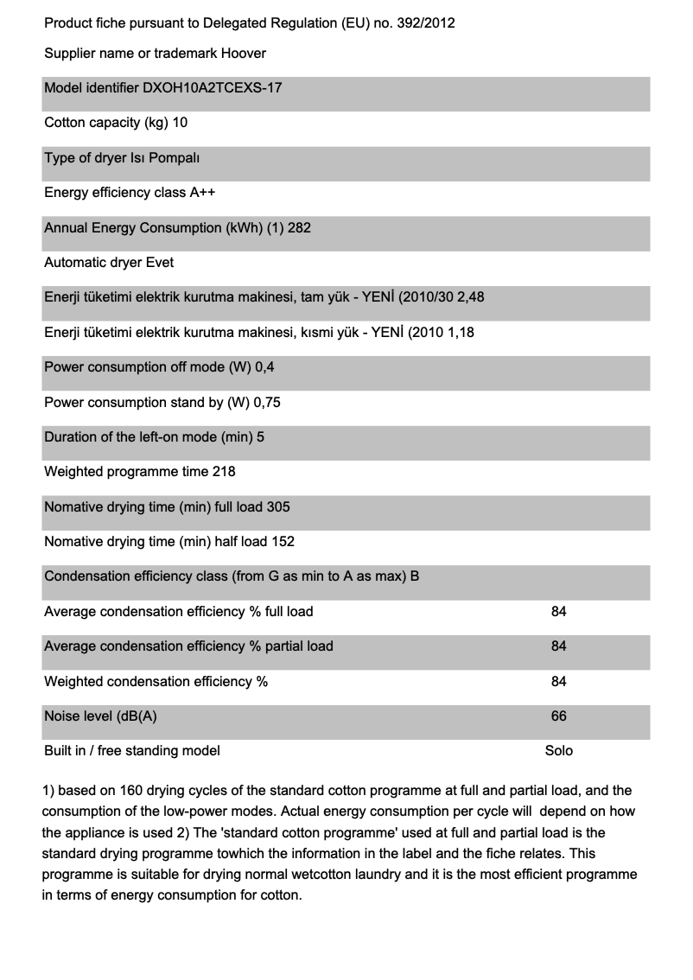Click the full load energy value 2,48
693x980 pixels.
469,297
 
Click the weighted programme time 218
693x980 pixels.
224,472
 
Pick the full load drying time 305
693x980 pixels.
278,507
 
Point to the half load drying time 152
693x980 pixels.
283,542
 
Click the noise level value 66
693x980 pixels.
558,716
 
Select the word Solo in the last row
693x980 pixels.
559,751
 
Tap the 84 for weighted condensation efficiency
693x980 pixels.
558,682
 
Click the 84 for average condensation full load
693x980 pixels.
558,612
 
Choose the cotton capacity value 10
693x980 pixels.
180,123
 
